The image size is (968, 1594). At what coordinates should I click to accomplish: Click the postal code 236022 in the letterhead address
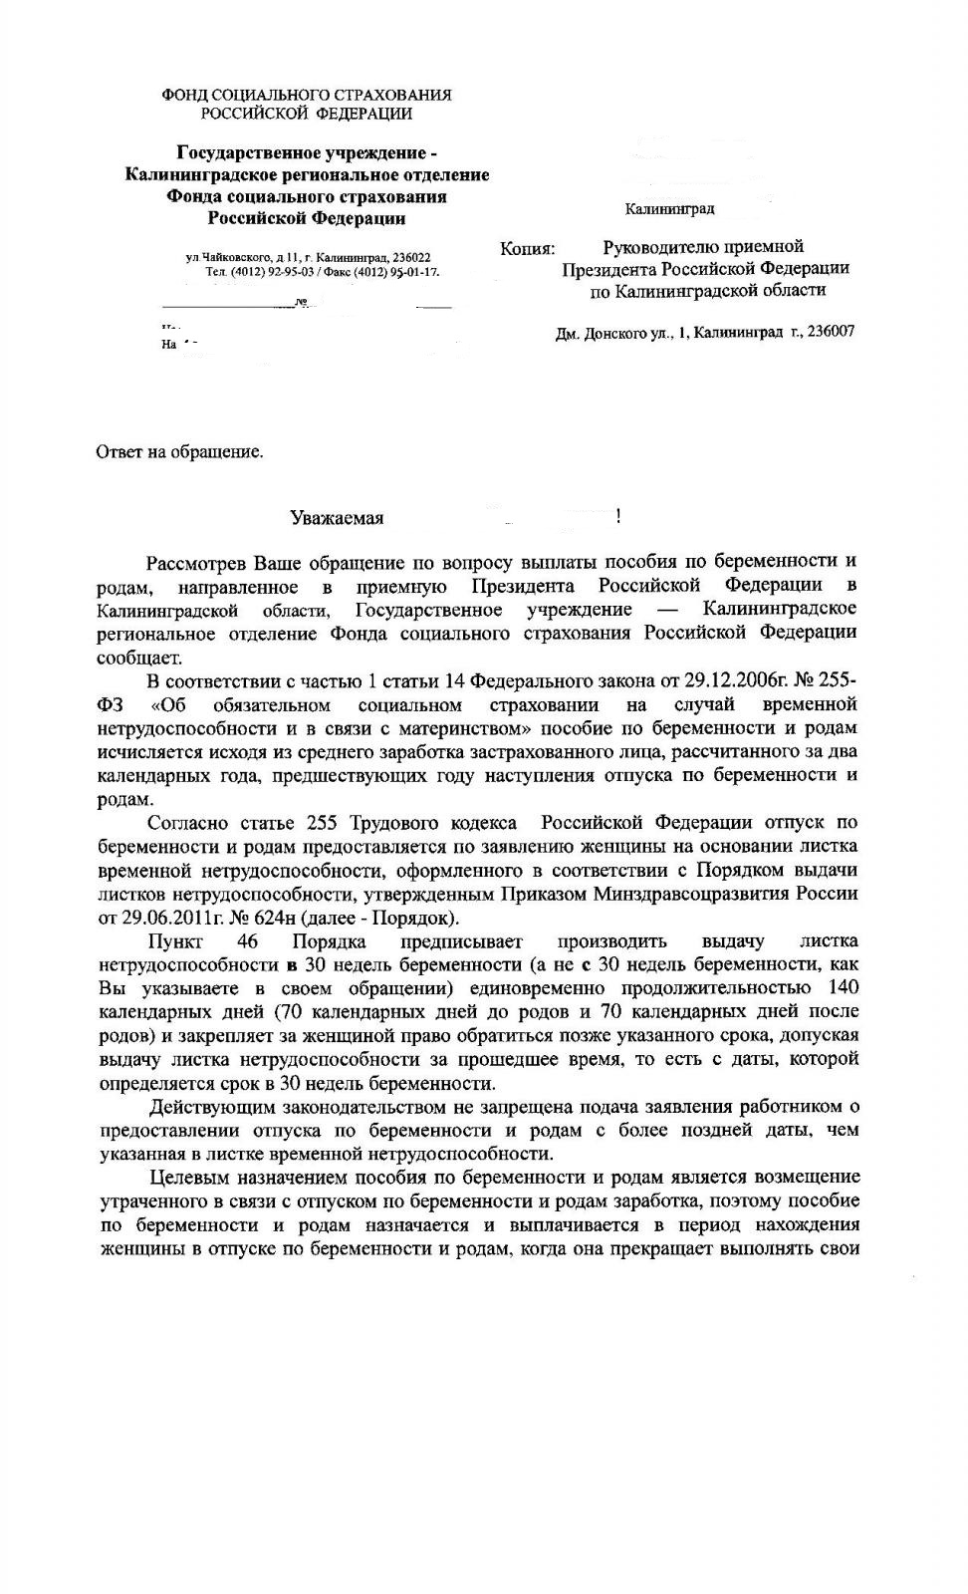[411, 258]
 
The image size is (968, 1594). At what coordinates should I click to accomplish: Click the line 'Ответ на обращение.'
[180, 452]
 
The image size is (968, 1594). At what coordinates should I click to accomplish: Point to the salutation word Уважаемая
[337, 518]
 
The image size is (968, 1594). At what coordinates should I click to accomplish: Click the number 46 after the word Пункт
[248, 941]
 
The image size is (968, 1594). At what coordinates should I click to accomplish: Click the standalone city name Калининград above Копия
[669, 209]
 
